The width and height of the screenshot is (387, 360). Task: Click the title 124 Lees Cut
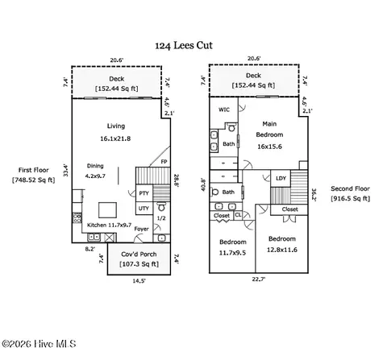pos(184,45)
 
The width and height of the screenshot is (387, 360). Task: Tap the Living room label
pos(116,126)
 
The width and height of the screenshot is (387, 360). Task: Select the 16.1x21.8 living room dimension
pos(115,139)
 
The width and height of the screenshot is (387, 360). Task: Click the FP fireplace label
pos(164,162)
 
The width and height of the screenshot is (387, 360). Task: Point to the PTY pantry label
pos(144,193)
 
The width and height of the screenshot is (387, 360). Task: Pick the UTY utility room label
pos(144,209)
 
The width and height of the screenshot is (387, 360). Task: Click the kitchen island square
pos(107,210)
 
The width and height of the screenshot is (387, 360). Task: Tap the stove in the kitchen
pos(77,217)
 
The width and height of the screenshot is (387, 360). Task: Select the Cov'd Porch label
pos(139,254)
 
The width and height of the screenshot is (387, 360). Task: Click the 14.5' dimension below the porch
pos(139,281)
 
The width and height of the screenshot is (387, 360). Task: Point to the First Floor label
pos(34,170)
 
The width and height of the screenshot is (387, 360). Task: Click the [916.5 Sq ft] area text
pos(351,198)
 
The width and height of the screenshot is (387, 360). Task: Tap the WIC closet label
pos(224,110)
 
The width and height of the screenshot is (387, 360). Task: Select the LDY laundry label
pos(281,178)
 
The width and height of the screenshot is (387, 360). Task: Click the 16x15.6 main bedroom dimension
pos(269,147)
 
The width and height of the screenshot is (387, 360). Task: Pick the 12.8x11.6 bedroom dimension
pos(282,250)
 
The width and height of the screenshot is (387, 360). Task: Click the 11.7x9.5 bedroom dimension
pos(232,253)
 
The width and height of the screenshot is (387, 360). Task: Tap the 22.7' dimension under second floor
pos(259,279)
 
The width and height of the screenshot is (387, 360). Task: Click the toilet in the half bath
pos(161,207)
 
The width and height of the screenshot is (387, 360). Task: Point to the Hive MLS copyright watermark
pos(39,344)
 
